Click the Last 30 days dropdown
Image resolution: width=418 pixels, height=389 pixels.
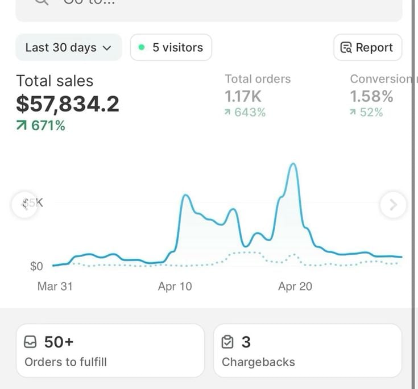(68, 48)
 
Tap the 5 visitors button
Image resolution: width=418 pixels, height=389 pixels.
(171, 48)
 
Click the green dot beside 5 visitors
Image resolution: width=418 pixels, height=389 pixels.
(142, 48)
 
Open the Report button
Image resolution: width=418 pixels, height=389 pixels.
(367, 48)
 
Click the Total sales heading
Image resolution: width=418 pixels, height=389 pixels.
(55, 81)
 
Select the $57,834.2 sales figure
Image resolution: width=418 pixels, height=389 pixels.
(68, 104)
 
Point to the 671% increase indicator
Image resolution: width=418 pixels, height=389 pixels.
(41, 126)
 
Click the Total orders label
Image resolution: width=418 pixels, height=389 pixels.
(258, 79)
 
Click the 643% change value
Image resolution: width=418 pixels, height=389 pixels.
(245, 113)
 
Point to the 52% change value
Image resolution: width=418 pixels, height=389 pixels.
(367, 113)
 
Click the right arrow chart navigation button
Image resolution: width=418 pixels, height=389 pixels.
(393, 205)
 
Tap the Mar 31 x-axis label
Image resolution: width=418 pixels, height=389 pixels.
(55, 286)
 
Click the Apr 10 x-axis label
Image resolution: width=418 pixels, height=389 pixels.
(175, 286)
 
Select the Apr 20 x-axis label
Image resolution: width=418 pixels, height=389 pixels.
(295, 286)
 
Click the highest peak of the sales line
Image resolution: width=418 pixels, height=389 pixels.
(293, 164)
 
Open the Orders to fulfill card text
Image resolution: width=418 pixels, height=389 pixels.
(65, 362)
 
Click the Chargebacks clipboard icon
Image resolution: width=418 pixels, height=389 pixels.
(227, 342)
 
